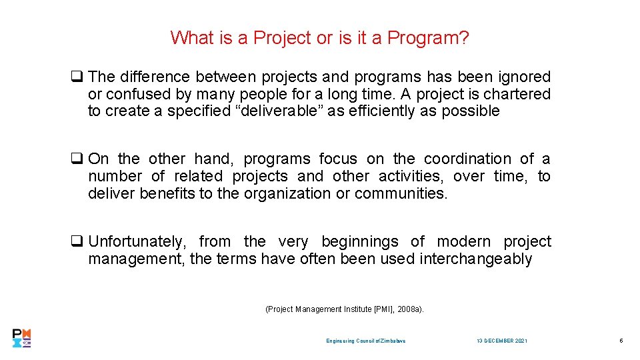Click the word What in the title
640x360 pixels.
pos(191,38)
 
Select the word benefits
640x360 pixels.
pos(167,193)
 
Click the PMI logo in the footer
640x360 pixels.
pos(21,338)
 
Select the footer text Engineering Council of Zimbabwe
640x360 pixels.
pos(365,341)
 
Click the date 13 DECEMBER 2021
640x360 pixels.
pos(502,341)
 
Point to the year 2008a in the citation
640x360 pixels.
pos(407,309)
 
